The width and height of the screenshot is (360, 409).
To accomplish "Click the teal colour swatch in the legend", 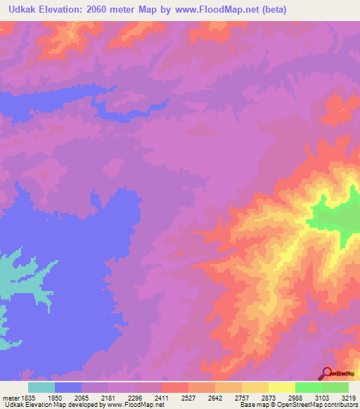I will coord(41,387).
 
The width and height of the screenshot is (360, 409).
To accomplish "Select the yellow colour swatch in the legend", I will coord(281,387).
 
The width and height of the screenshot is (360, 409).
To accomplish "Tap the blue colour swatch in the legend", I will coord(68,387).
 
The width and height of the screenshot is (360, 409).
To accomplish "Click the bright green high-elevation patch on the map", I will coord(333,217).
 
